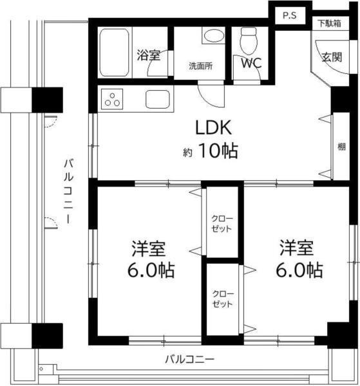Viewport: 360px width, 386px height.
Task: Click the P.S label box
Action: pyautogui.click(x=288, y=16)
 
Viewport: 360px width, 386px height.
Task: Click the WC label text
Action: pyautogui.click(x=251, y=64)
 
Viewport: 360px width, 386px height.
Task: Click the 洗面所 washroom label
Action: pyautogui.click(x=200, y=65)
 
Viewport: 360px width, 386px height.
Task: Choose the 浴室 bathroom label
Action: pyautogui.click(x=148, y=55)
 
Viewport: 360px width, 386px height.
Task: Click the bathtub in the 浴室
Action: pyautogui.click(x=115, y=51)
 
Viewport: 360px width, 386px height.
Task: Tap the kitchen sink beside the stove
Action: pyautogui.click(x=158, y=99)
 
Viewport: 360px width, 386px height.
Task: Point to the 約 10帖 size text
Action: pyautogui.click(x=210, y=152)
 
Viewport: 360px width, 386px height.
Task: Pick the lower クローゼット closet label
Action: pyautogui.click(x=223, y=298)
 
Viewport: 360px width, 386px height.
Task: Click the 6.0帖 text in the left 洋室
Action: pyautogui.click(x=150, y=270)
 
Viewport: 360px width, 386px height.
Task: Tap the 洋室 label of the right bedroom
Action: pyautogui.click(x=296, y=247)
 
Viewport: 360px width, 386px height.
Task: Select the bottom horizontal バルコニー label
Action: pyautogui.click(x=189, y=358)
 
